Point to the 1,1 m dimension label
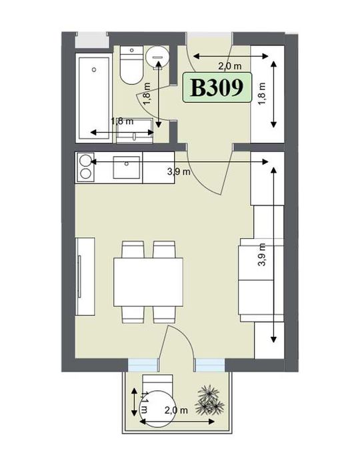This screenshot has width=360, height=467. click(141, 400)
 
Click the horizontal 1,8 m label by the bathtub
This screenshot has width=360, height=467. click(121, 121)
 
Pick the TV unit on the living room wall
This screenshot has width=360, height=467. click(85, 276)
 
